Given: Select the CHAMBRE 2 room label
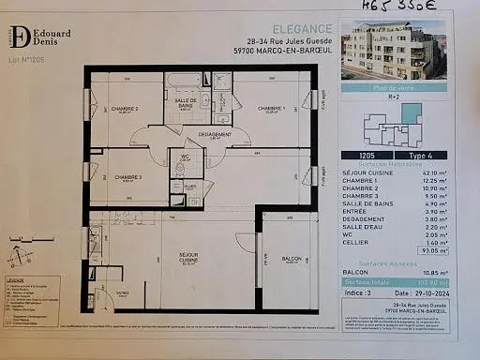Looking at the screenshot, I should click(x=125, y=110).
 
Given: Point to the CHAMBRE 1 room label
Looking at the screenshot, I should click(x=271, y=109).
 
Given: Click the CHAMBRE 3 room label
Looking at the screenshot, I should click(x=127, y=178).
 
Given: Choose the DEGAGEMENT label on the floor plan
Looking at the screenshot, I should click(x=215, y=135).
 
